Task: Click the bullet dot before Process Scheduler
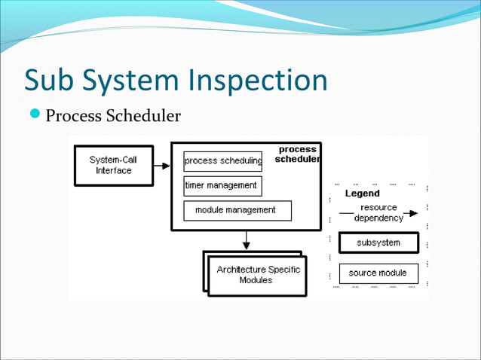37,116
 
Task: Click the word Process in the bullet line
75,117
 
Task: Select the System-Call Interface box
113,165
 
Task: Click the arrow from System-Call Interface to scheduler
162,166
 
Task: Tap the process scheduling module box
223,160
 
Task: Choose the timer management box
222,185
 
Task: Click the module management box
237,210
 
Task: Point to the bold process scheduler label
297,154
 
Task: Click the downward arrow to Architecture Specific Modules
246,240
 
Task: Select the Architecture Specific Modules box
257,275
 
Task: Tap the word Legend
362,194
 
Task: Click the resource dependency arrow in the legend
377,213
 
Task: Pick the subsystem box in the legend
378,243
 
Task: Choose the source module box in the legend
378,273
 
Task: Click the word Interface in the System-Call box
113,171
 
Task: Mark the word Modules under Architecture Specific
256,280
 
